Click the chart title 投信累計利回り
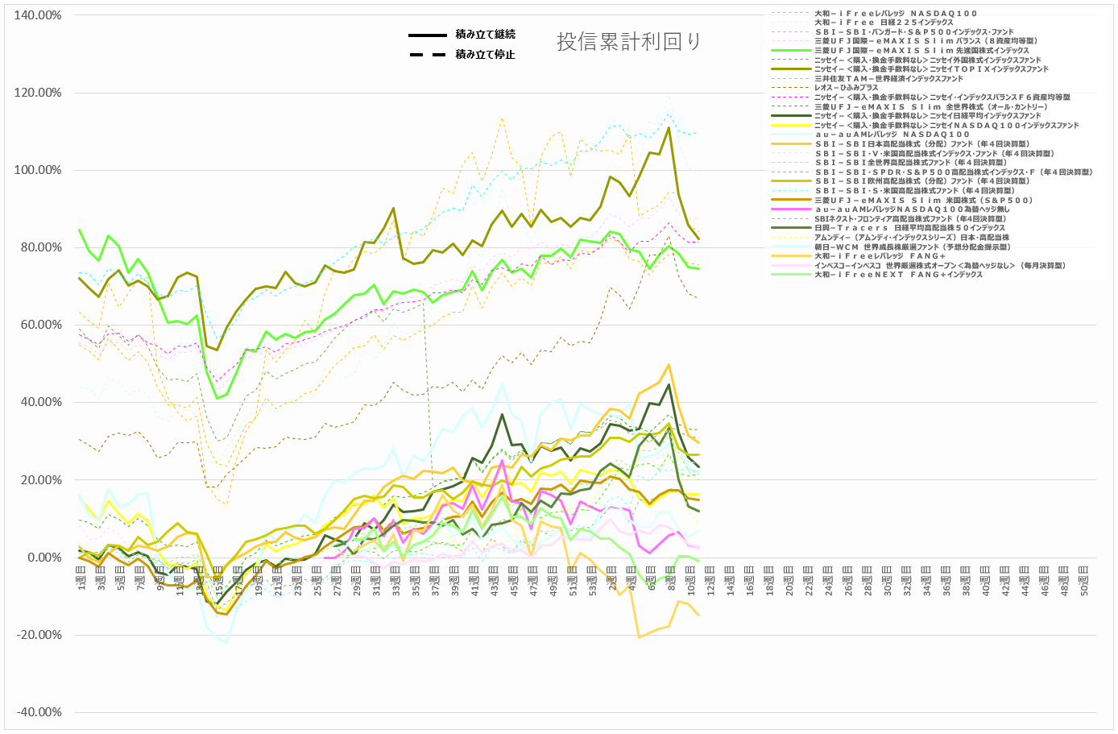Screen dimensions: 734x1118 [x=628, y=42]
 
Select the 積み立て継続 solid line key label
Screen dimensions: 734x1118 [x=485, y=35]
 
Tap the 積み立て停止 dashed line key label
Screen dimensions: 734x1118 [x=485, y=55]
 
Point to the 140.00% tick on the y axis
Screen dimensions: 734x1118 [x=38, y=15]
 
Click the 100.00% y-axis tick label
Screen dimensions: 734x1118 [x=38, y=170]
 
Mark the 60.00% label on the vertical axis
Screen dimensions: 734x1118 [x=38, y=325]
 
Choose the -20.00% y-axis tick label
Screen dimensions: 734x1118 [x=38, y=635]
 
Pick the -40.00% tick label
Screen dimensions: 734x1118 [x=38, y=712]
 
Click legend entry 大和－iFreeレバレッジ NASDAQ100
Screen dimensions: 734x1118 [x=895, y=14]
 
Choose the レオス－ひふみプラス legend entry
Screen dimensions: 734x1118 [x=846, y=88]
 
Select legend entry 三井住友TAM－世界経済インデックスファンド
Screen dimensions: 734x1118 [x=888, y=79]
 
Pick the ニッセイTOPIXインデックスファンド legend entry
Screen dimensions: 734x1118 [x=930, y=69]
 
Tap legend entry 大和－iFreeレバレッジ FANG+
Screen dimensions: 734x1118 [x=879, y=256]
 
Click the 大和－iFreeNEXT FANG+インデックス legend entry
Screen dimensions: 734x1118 [x=897, y=275]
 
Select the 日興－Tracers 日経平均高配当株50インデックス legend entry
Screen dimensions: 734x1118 [x=909, y=228]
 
